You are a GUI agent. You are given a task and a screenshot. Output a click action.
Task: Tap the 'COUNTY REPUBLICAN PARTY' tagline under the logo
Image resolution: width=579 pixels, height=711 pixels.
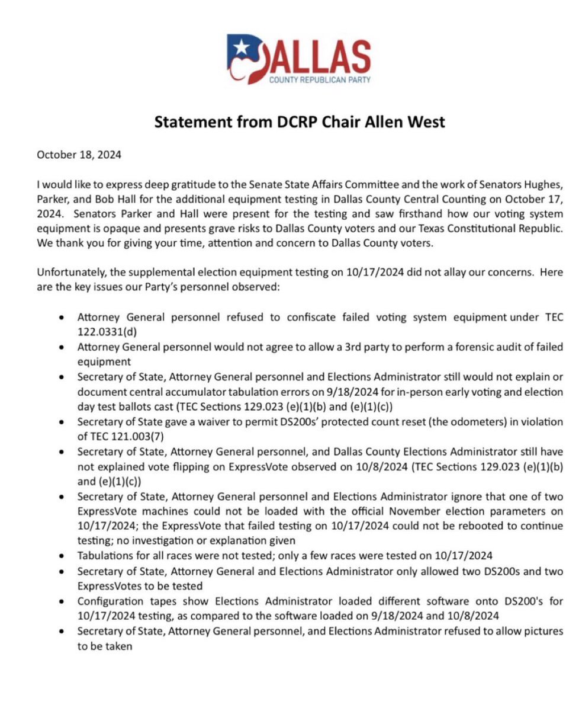(320, 80)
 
